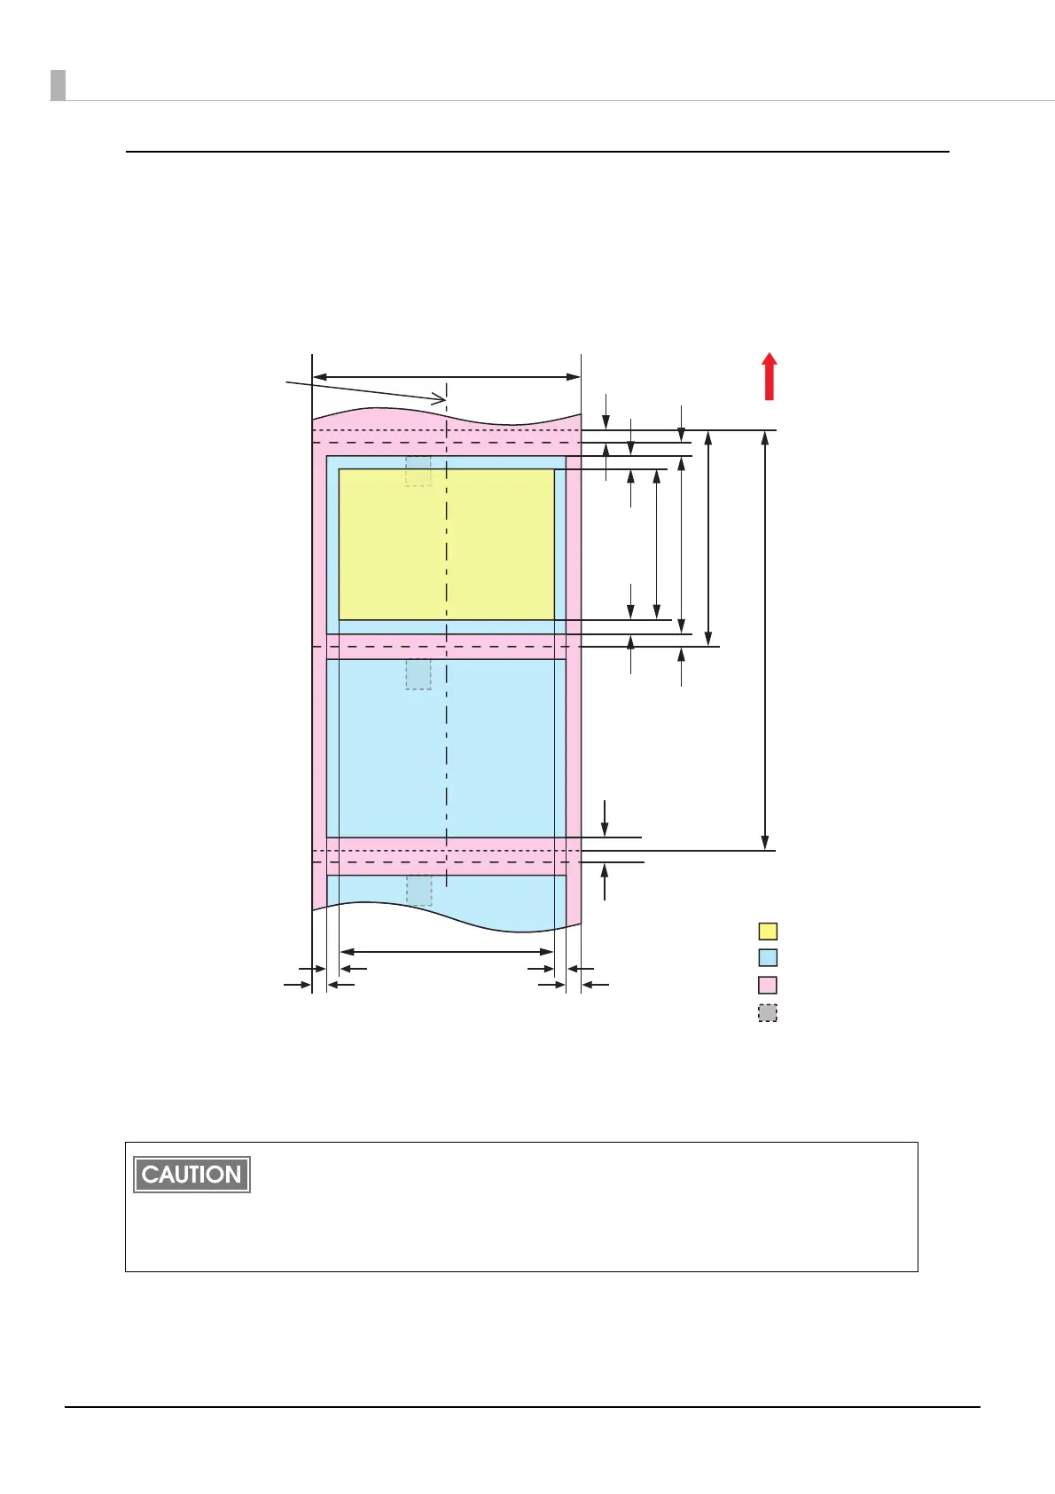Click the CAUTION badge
tap(192, 1174)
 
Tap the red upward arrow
tap(770, 376)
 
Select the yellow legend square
tap(768, 931)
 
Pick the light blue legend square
tap(768, 958)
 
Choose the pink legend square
tap(768, 985)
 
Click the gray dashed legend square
tap(768, 1013)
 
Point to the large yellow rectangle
tap(447, 544)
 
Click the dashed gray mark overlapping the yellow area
tap(418, 471)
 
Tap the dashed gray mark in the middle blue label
tap(418, 674)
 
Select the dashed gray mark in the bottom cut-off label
tap(419, 891)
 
